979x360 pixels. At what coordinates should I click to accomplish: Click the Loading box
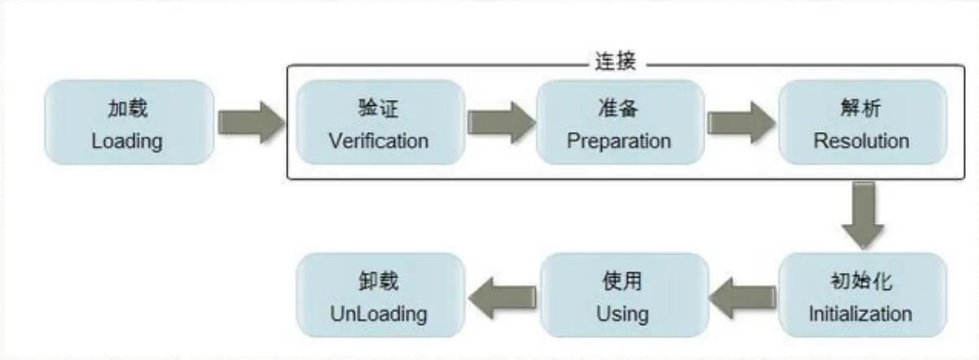point(129,123)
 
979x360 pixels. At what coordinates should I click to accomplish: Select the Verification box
point(378,123)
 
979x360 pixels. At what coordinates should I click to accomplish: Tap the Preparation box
point(619,123)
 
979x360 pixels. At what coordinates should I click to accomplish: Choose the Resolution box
point(861,123)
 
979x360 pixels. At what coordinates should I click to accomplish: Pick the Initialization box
point(861,295)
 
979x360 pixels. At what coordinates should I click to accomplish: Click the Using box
point(621,295)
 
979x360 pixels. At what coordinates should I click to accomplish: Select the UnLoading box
point(378,295)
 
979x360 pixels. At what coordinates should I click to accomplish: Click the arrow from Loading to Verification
point(250,123)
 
